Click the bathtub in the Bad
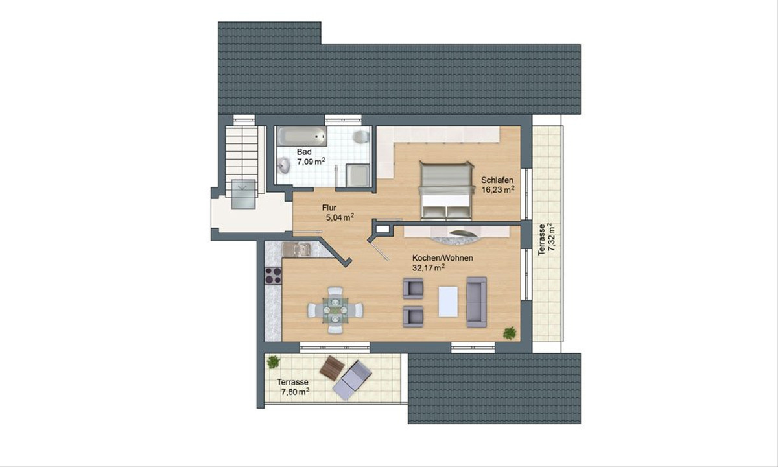301,136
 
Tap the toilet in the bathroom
361,137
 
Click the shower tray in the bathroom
358,175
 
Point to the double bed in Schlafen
446,191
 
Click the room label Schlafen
497,180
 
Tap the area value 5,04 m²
340,217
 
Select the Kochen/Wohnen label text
442,258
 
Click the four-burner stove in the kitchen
273,275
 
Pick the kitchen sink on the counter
297,249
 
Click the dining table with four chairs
335,310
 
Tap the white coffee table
448,301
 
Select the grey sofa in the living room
476,302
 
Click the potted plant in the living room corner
510,333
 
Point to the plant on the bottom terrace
274,362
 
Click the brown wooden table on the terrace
332,368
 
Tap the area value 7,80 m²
295,392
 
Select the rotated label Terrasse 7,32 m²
547,239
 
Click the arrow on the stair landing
243,187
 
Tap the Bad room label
304,152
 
